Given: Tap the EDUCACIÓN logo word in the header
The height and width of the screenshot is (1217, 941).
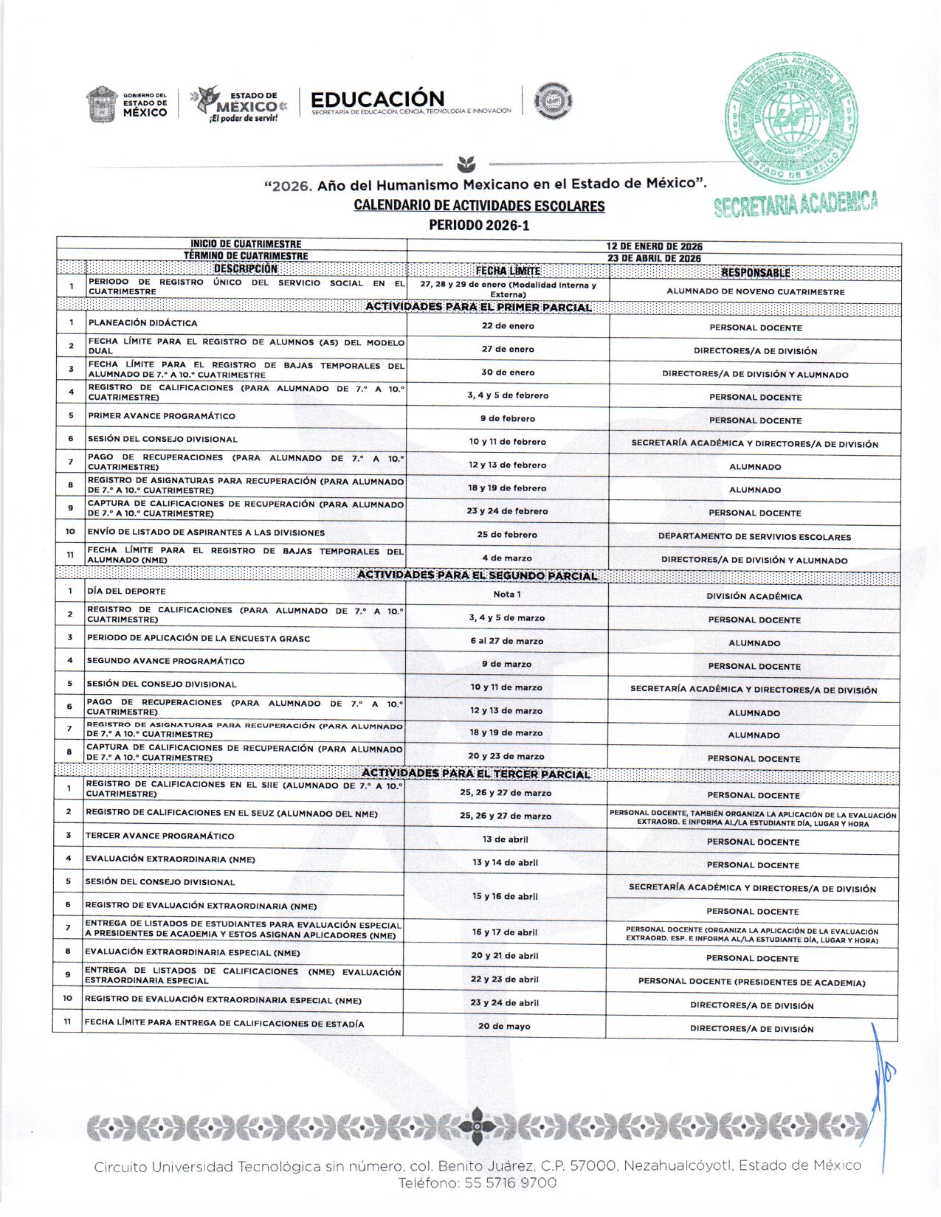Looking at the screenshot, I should (377, 100).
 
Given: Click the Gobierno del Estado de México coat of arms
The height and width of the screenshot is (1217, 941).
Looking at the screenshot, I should (101, 104).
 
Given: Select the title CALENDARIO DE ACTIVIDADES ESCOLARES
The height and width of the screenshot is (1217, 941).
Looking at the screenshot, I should (479, 206).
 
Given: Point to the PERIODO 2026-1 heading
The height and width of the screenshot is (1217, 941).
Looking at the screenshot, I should (479, 225).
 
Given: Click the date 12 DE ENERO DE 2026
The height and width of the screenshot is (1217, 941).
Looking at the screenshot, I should (654, 246).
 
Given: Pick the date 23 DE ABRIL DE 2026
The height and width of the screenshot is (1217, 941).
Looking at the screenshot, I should (654, 258).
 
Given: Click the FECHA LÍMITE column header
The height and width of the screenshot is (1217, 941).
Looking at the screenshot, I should (508, 271).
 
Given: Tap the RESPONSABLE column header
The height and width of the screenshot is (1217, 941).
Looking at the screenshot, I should (755, 272).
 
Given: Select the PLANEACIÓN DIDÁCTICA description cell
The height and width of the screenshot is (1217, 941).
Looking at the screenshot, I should (143, 323).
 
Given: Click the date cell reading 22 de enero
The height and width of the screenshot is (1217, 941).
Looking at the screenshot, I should (508, 326).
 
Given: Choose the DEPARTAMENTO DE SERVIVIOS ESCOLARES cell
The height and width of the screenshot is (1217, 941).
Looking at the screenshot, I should (754, 537).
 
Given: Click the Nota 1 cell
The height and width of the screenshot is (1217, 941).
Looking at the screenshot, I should (507, 594).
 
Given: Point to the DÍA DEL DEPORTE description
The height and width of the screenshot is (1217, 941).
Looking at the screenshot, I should (126, 592).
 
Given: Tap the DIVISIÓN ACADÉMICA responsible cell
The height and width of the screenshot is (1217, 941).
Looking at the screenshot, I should (754, 596).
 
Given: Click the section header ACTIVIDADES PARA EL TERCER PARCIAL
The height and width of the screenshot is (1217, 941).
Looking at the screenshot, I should (476, 774).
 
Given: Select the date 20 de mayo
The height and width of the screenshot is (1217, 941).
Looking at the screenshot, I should (504, 1026).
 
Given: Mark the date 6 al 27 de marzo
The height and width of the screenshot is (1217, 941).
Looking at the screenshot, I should (506, 641).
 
